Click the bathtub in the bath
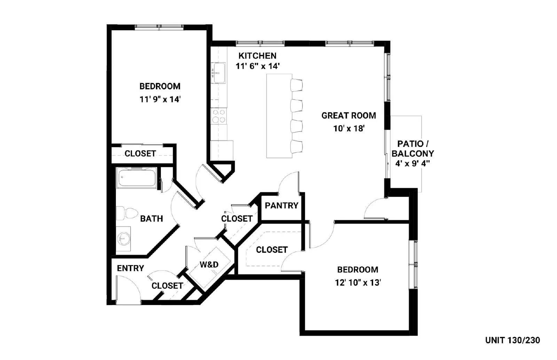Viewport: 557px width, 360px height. click(136, 178)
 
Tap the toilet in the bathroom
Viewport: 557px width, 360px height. click(127, 213)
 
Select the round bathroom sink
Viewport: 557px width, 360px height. click(123, 239)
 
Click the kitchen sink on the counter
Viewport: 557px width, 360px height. click(219, 73)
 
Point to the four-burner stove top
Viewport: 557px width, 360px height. click(219, 116)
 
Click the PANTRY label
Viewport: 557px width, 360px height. click(281, 206)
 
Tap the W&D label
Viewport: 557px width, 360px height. click(209, 265)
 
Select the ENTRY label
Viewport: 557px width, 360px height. click(130, 268)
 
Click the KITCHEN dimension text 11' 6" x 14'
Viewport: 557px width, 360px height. click(258, 66)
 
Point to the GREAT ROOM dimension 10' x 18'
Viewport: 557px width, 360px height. click(348, 129)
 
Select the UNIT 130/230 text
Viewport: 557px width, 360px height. click(512, 340)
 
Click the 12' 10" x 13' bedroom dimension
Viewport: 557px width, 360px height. click(358, 283)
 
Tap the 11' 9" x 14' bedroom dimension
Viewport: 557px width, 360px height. click(160, 99)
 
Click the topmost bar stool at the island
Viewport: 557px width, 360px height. click(297, 85)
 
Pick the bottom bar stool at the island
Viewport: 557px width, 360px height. click(297, 146)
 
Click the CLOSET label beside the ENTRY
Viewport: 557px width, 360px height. click(167, 286)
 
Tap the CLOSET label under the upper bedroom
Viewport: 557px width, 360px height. click(140, 153)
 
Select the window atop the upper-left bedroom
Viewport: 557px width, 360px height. click(159, 26)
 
